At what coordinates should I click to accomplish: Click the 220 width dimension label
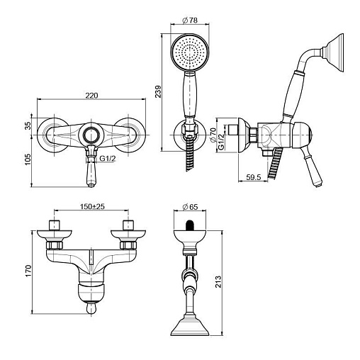tap(91, 95)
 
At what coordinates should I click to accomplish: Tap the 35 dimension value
tap(28, 125)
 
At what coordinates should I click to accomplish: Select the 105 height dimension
tap(28, 159)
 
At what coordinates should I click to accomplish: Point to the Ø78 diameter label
tap(190, 21)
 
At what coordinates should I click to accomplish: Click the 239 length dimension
tap(158, 91)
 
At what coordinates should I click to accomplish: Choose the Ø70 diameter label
tap(213, 135)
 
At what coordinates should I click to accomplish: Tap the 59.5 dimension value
tap(254, 177)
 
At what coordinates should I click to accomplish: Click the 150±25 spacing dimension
tap(92, 206)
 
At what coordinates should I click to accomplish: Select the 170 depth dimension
tap(28, 271)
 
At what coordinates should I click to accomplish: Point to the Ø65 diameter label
tap(190, 207)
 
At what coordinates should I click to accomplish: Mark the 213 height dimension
tap(218, 281)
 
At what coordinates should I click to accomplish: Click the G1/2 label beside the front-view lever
tap(108, 158)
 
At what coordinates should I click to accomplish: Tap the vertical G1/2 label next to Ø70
tap(221, 142)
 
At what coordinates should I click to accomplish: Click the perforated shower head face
tap(190, 52)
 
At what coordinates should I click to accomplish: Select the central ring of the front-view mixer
tap(91, 135)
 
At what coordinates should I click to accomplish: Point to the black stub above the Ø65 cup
tap(189, 225)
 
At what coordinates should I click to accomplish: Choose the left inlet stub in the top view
tap(55, 225)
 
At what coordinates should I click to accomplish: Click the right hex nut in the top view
tap(128, 245)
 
